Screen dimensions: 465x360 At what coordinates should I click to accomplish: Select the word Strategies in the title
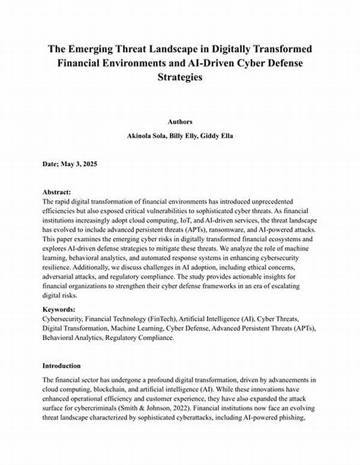pos(180,77)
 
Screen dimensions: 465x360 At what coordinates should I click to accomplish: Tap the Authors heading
pos(180,121)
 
